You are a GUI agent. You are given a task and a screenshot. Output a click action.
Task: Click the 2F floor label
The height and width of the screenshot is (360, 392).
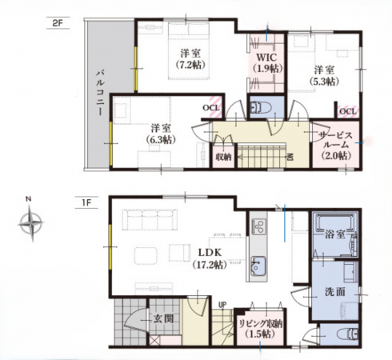point(57,23)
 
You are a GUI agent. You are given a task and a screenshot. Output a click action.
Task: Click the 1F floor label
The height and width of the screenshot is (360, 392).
point(86,202)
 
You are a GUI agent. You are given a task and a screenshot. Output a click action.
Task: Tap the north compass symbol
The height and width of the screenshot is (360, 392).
point(31,222)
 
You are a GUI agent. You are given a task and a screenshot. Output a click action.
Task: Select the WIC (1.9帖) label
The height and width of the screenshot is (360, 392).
point(267,63)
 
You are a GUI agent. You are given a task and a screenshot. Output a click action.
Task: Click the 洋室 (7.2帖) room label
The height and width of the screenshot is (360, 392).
point(190,59)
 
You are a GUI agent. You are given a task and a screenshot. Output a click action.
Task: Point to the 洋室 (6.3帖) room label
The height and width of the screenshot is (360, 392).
point(161,134)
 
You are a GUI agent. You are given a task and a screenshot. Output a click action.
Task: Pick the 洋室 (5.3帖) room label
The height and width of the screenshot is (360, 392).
point(324,75)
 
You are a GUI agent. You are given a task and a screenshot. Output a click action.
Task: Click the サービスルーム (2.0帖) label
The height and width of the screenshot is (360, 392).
point(336,145)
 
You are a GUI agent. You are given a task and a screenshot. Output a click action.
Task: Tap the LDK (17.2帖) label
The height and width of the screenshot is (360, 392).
point(210,258)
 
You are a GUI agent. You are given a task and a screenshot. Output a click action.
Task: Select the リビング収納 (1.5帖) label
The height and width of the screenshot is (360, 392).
point(260,329)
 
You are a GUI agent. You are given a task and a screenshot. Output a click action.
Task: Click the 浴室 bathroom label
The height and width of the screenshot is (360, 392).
point(335,234)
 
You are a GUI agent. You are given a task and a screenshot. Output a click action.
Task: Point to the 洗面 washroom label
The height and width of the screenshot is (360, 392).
point(335,292)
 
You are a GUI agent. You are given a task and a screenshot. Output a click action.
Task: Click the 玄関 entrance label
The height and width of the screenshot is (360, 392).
point(163,318)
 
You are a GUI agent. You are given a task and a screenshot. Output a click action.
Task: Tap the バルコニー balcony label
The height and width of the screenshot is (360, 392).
point(100,92)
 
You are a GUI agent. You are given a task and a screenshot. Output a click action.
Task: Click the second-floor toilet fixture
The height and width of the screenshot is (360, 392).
point(261,108)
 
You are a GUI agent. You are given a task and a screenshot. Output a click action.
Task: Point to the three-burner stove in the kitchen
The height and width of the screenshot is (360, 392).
point(258,226)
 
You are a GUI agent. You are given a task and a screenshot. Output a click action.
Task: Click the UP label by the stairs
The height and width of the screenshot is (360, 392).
point(222,304)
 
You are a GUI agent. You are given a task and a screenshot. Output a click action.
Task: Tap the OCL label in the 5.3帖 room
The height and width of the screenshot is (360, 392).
point(348,111)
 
